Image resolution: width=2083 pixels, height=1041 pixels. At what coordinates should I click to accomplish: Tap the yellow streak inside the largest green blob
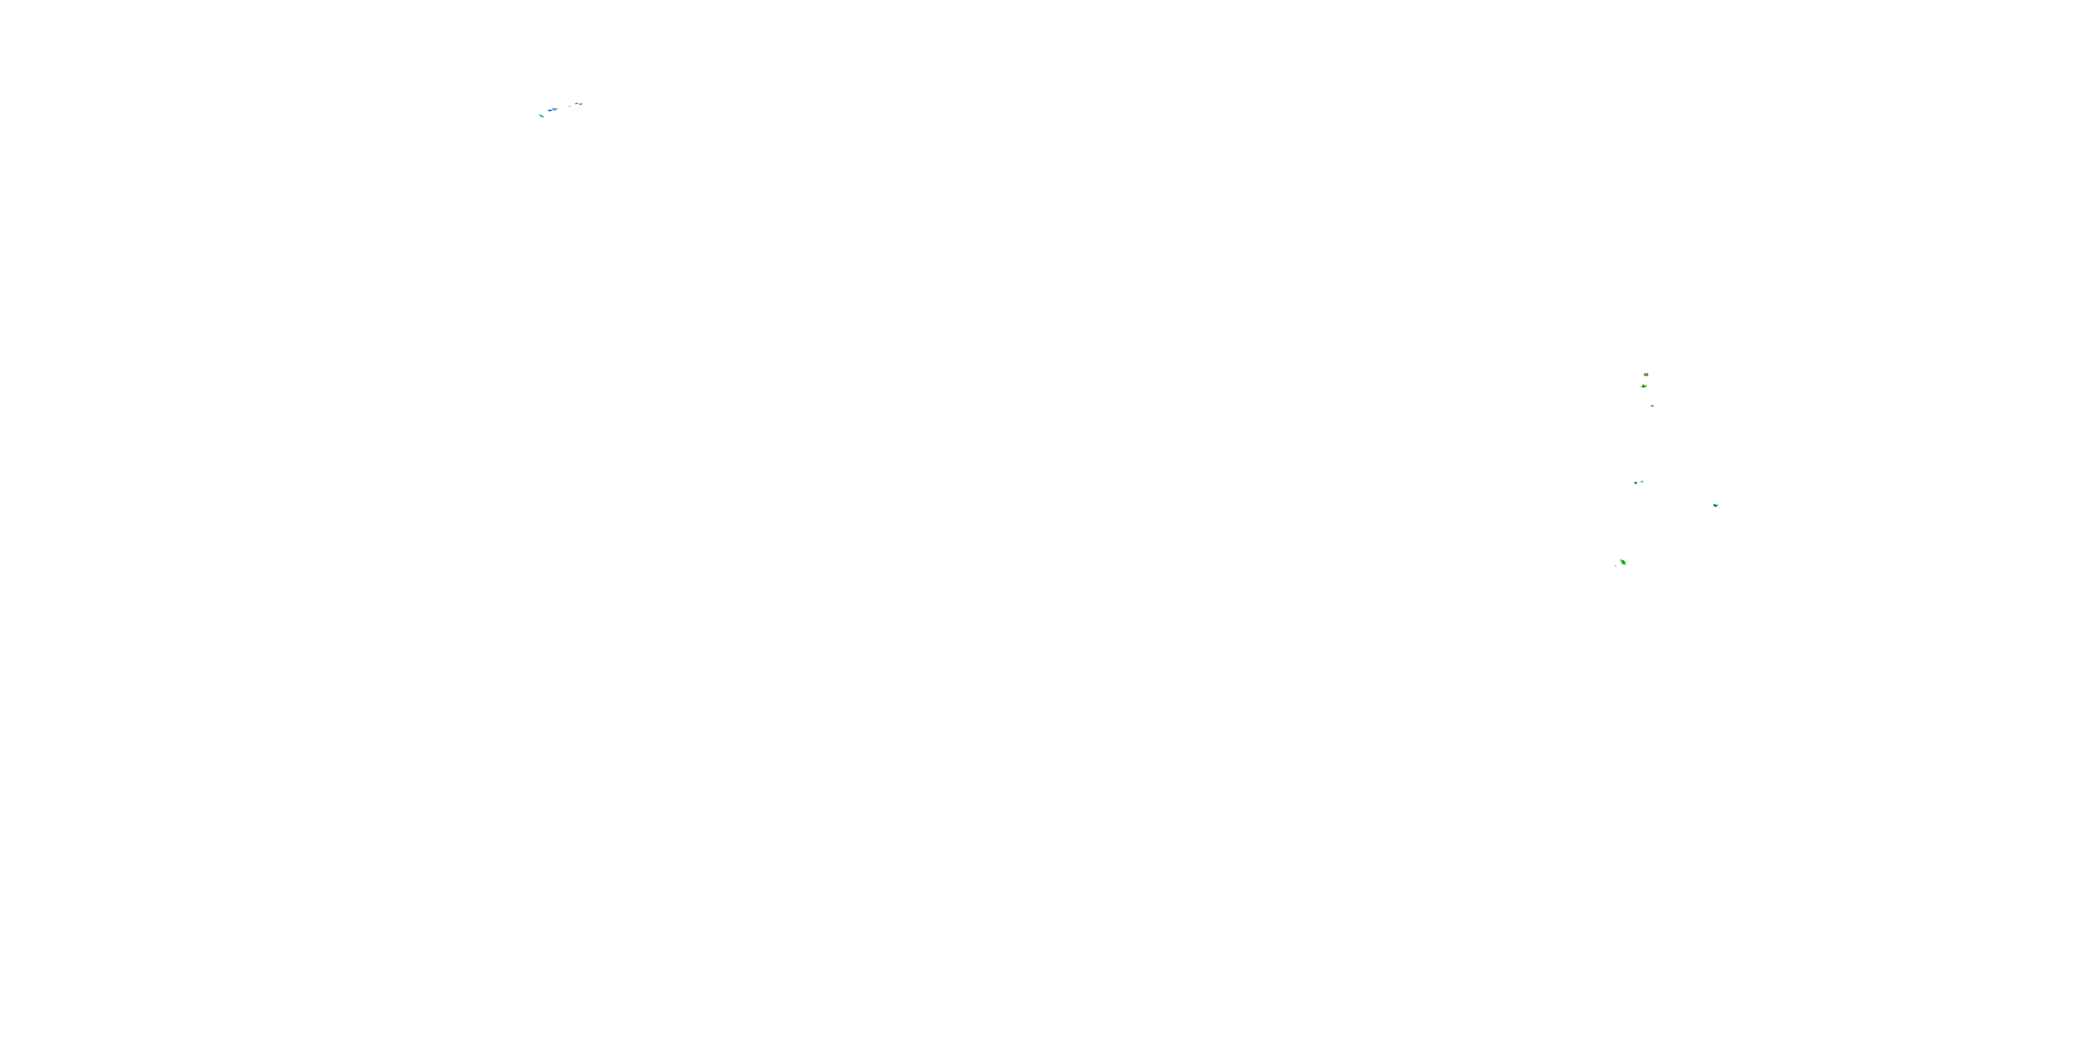pos(1623,561)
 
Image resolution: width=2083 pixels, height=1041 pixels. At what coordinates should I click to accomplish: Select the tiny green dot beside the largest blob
pos(1616,566)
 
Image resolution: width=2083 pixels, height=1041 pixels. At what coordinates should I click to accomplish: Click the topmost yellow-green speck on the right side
pos(1646,374)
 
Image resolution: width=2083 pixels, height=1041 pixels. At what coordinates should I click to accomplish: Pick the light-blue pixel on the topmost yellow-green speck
pos(1644,374)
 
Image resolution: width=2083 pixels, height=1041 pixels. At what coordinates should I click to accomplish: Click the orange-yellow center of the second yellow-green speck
pos(1644,386)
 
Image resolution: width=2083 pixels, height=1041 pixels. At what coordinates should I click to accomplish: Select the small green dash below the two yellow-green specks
pos(1652,406)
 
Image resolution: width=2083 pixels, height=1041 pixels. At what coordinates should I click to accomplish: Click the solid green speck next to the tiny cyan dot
pos(1635,482)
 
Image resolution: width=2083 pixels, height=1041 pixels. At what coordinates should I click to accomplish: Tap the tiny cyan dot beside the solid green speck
pos(1641,482)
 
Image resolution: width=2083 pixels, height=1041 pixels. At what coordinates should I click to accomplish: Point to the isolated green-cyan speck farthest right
pos(1715,505)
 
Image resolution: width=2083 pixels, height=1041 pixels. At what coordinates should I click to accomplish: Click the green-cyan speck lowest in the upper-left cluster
pos(541,116)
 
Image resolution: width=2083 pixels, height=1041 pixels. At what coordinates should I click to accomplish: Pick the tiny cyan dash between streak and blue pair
pos(569,106)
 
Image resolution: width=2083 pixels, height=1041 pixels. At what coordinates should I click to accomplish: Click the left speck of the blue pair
pos(576,104)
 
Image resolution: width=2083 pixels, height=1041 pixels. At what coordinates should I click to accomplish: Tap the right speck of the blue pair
pos(580,103)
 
